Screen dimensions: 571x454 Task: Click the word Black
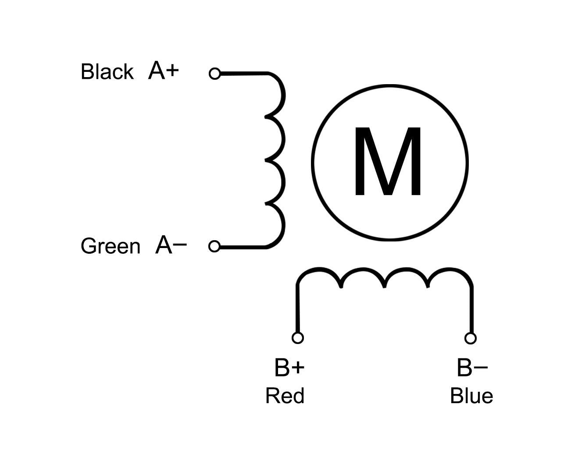pyautogui.click(x=107, y=71)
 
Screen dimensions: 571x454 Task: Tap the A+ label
pyautogui.click(x=164, y=70)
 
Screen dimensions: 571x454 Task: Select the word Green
pyautogui.click(x=111, y=246)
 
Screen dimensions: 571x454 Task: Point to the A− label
pyautogui.click(x=171, y=245)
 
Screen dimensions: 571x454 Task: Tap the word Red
pyautogui.click(x=285, y=396)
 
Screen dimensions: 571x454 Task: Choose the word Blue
pyautogui.click(x=471, y=396)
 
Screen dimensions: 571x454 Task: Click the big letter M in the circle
pyautogui.click(x=388, y=161)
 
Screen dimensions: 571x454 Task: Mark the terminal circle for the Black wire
pyautogui.click(x=214, y=74)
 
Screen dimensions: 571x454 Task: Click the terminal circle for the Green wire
pyautogui.click(x=214, y=246)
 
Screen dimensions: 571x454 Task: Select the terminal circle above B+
pyautogui.click(x=297, y=338)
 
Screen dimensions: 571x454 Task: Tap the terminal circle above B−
pyautogui.click(x=471, y=338)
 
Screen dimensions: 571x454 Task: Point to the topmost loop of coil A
pyautogui.click(x=283, y=95)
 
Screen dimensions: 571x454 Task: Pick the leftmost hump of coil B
pyautogui.click(x=318, y=269)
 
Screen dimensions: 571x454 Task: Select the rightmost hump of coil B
pyautogui.click(x=450, y=270)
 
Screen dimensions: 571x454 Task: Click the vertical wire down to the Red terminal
pyautogui.click(x=297, y=309)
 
